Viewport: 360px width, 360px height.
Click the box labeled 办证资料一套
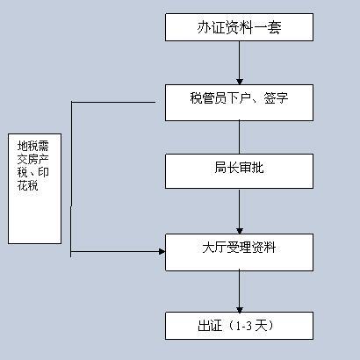pos(239,27)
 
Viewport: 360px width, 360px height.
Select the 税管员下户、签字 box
pos(239,103)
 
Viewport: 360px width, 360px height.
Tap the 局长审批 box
pos(239,171)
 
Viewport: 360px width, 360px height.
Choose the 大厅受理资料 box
pos(239,252)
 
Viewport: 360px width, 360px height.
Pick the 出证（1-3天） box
pos(239,326)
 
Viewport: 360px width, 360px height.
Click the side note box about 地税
pos(34,189)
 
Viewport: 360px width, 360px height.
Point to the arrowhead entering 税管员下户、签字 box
pos(240,82)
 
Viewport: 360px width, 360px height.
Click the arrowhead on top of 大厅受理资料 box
pos(240,231)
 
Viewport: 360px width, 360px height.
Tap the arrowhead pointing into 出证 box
pos(240,309)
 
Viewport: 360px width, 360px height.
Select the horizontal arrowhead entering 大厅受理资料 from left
pos(162,251)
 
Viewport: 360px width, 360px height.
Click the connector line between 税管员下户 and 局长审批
pos(239,137)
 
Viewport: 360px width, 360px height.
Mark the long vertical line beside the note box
pos(71,179)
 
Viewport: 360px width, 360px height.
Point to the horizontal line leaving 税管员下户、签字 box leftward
pos(113,102)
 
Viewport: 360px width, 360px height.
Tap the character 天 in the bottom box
pos(261,326)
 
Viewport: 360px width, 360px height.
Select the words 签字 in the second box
pos(276,98)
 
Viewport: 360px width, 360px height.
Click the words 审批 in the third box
pos(251,168)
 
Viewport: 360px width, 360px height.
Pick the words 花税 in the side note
pos(27,185)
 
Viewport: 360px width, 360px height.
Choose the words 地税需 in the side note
pos(32,146)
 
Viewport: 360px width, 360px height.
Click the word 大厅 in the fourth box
pos(215,248)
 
